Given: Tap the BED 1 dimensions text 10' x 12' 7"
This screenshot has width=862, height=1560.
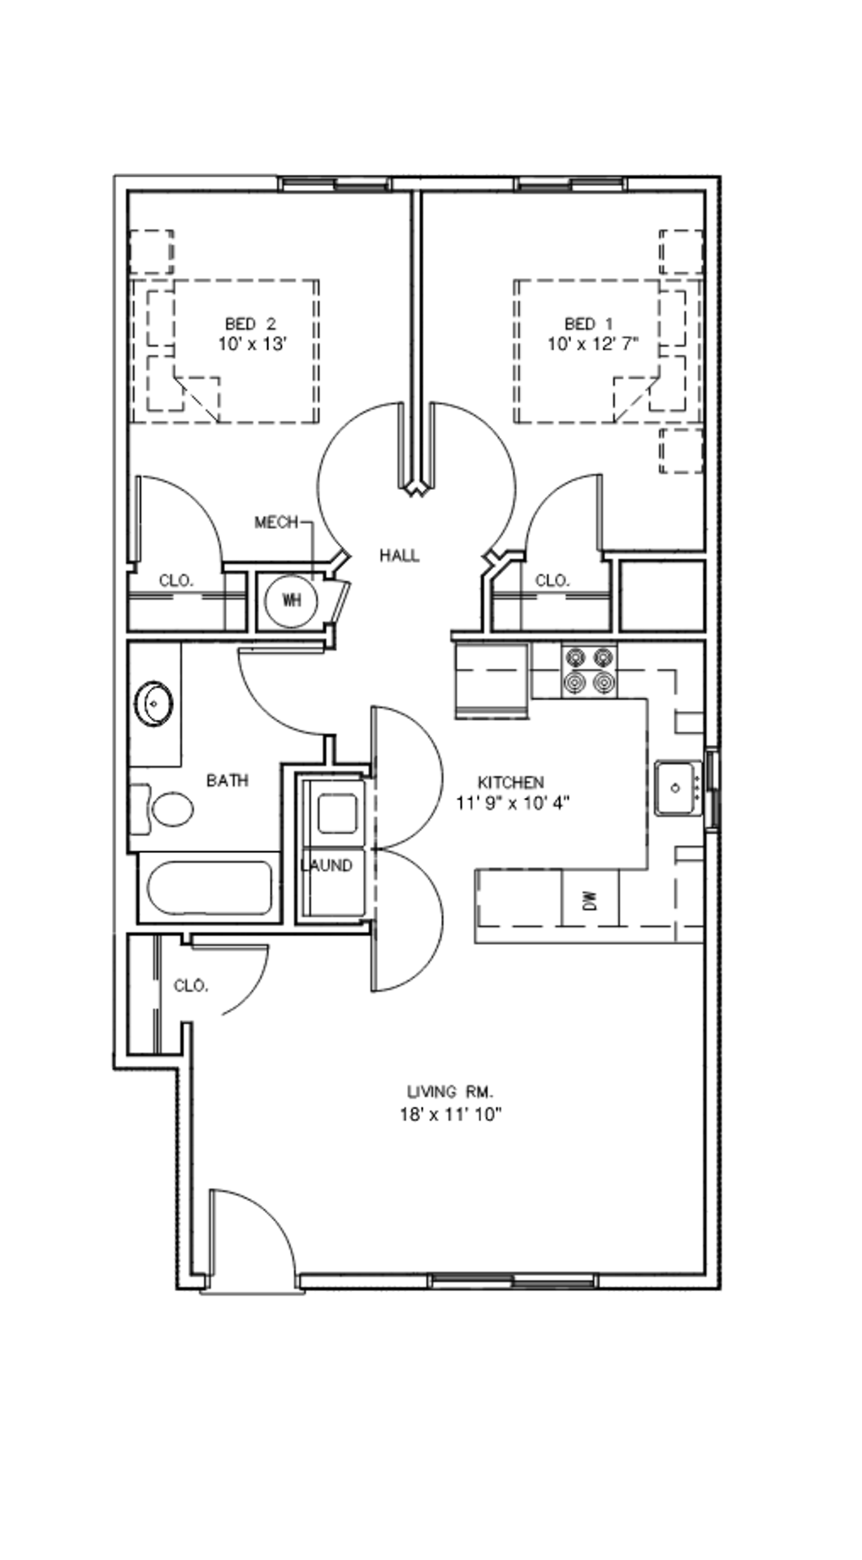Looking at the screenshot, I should tap(592, 344).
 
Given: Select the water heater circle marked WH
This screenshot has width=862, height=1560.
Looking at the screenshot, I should tap(290, 600).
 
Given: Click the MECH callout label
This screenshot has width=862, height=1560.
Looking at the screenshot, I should tap(276, 522).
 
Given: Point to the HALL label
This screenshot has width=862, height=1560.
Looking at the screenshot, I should tap(400, 556).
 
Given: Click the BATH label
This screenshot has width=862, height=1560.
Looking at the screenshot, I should tap(227, 781).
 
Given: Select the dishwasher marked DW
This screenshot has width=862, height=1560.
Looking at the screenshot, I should tap(591, 899).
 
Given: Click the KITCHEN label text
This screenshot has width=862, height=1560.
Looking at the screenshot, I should tap(510, 782).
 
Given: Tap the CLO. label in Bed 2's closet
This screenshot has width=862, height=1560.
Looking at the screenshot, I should tap(175, 581).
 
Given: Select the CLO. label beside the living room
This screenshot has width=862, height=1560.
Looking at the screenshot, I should tap(191, 986).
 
